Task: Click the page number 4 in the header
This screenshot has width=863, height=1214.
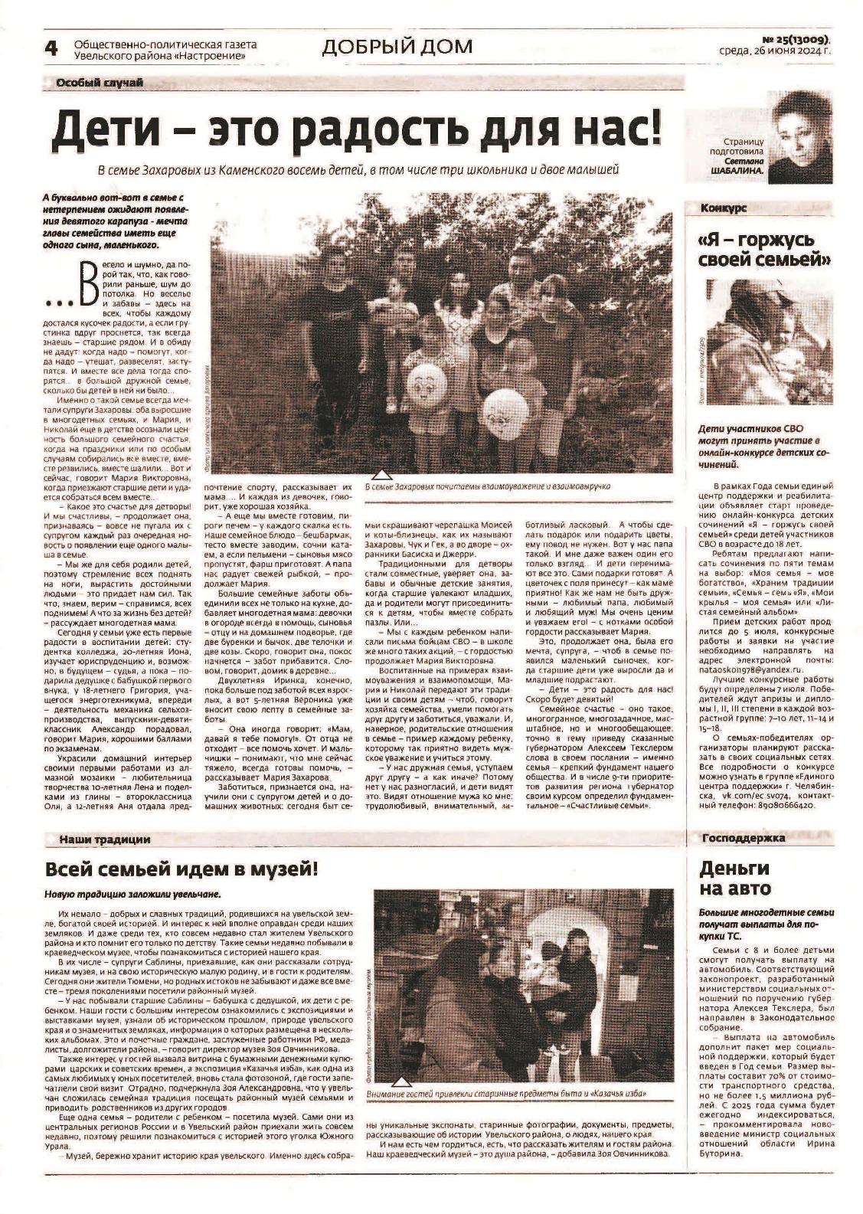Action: (52, 48)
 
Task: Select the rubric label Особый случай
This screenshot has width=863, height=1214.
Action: (94, 83)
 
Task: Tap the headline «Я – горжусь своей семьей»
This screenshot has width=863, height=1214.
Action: (764, 250)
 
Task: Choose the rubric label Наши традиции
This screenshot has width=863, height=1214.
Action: (104, 839)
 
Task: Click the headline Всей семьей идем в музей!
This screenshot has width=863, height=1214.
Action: (181, 870)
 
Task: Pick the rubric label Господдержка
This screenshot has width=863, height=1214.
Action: (743, 838)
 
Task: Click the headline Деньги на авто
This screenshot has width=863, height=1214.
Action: (735, 878)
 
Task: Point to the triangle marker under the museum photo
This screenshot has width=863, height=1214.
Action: (397, 1081)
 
